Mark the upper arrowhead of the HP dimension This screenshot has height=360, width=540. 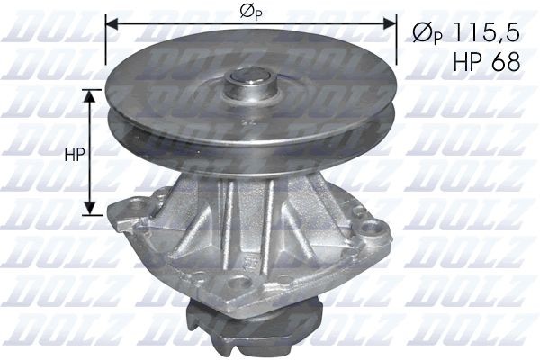(x=90, y=94)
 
